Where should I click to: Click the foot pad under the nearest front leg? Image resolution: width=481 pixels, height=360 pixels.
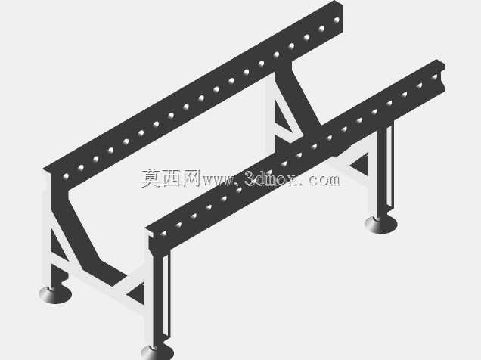click(x=157, y=352)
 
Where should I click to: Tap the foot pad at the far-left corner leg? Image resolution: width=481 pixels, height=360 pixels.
click(x=55, y=294)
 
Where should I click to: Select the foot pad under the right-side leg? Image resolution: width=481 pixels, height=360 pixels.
click(x=381, y=225)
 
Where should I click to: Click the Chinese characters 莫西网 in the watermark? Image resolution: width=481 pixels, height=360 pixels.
click(x=171, y=178)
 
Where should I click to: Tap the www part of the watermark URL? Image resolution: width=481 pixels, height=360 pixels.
click(x=219, y=181)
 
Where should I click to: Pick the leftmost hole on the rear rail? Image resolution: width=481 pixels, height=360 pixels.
click(x=66, y=176)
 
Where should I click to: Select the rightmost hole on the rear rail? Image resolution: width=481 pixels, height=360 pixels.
click(x=337, y=20)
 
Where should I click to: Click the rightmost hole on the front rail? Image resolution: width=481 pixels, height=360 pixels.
click(x=434, y=77)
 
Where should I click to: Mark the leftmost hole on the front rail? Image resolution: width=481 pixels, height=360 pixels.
click(x=163, y=234)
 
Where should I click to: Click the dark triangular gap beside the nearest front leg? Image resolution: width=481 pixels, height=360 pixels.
click(x=136, y=293)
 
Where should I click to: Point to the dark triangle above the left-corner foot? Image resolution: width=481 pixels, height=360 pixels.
click(x=57, y=245)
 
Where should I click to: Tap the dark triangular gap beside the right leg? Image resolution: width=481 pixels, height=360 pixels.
click(x=361, y=164)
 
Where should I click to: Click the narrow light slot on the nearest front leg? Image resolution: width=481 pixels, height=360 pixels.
click(x=166, y=295)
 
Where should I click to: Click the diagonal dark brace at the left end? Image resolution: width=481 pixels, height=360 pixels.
click(x=83, y=233)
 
